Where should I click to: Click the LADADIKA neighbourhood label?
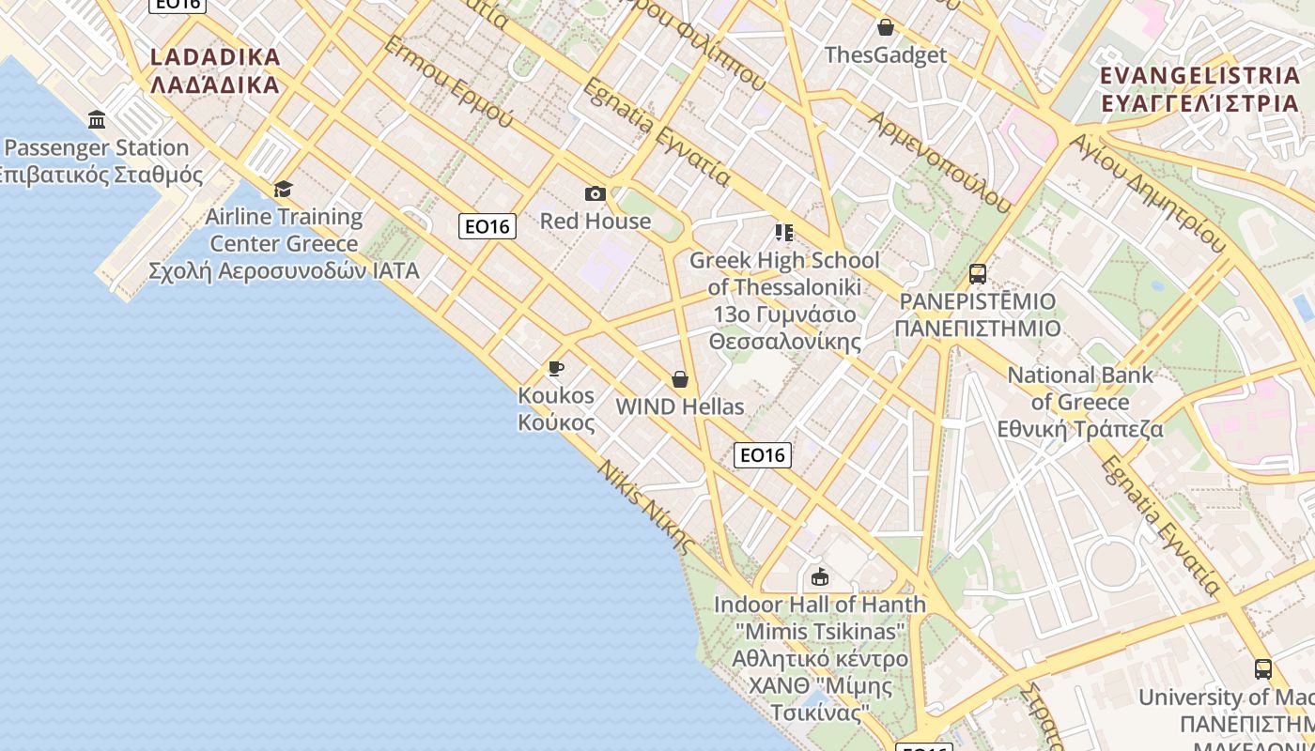tap(215, 57)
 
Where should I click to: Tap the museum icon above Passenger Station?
tap(97, 119)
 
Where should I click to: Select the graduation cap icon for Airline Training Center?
tap(284, 189)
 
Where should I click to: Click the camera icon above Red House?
tap(596, 193)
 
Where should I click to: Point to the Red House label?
tap(596, 222)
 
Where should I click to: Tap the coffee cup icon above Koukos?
tap(556, 368)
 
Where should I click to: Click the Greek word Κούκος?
tap(556, 422)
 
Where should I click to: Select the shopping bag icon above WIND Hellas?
tap(680, 379)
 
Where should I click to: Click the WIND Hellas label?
tap(680, 407)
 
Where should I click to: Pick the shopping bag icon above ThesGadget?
tap(885, 27)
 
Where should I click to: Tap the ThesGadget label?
tap(885, 55)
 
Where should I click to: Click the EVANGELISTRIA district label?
tap(1199, 75)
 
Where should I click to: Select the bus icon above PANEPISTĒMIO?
tap(978, 274)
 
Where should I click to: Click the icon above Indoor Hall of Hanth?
tap(820, 576)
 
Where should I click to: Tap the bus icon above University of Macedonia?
tap(1263, 669)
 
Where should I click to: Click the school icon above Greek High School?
tap(784, 232)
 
